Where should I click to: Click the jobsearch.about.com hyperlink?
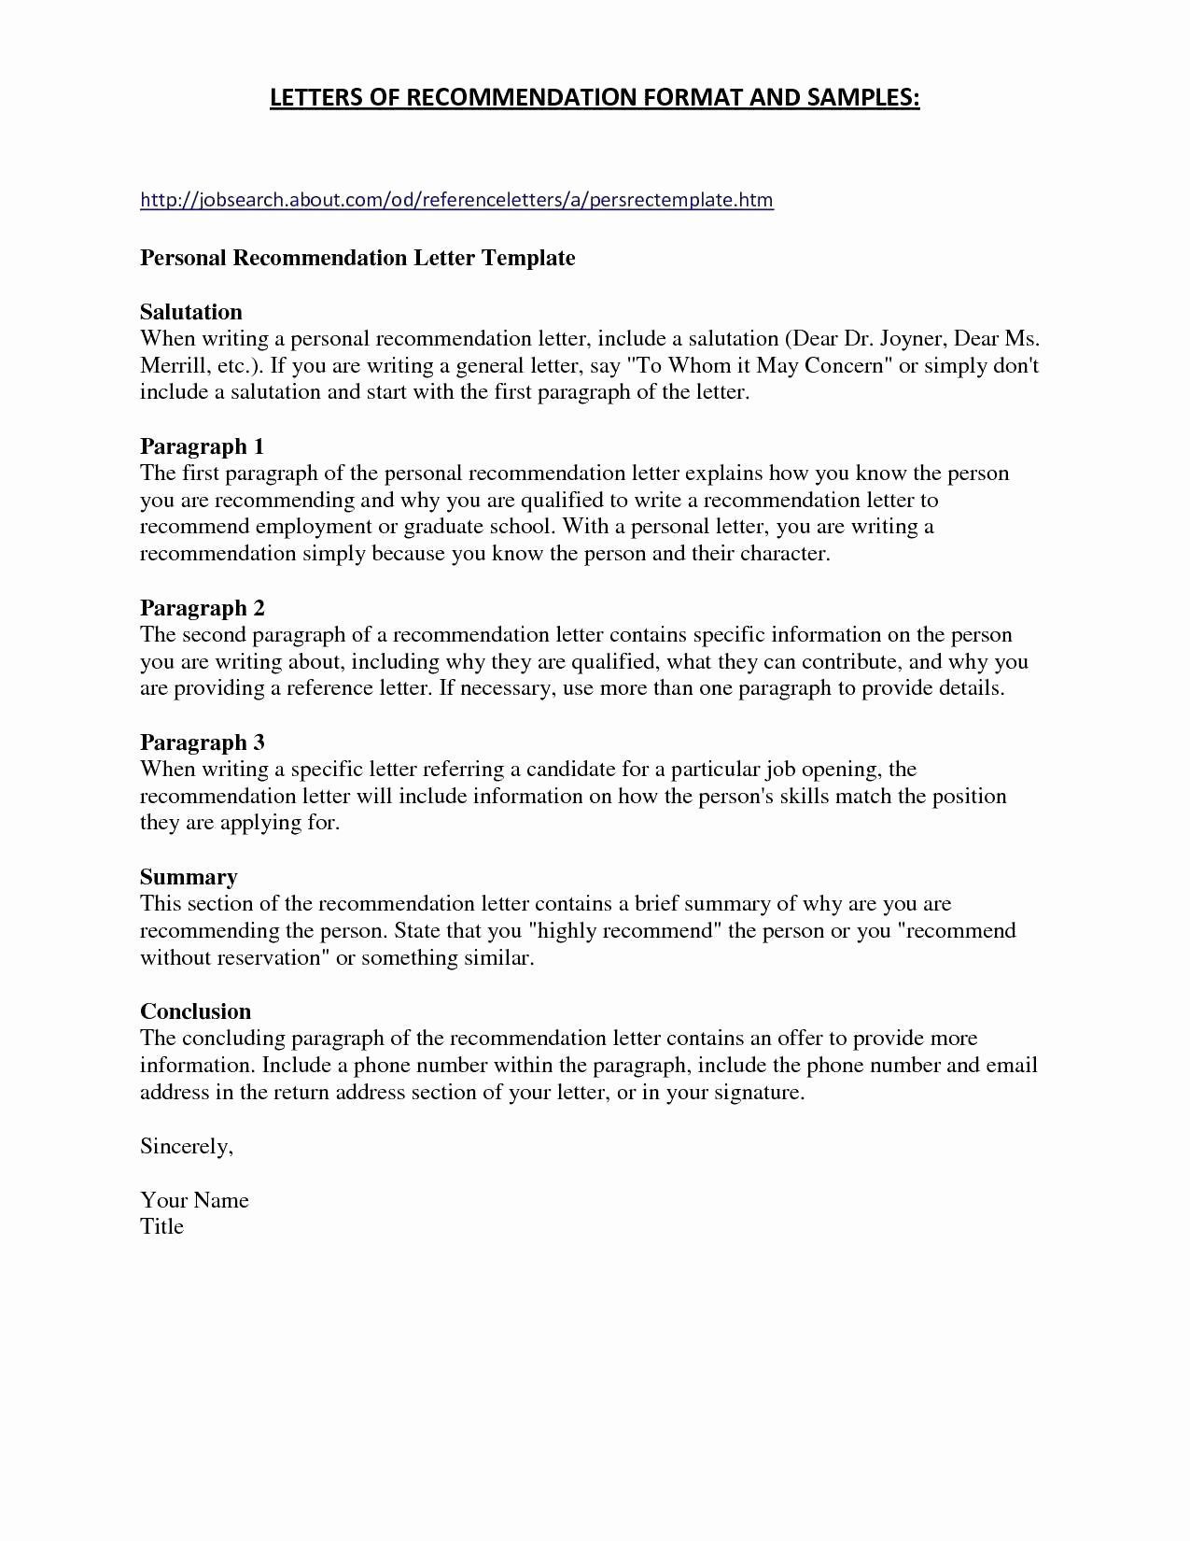point(456,200)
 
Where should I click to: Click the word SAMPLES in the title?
point(863,98)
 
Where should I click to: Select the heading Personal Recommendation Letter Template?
point(357,258)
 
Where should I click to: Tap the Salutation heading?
point(191,312)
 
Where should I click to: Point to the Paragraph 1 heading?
point(203,446)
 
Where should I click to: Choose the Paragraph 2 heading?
point(203,608)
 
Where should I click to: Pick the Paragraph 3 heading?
point(203,742)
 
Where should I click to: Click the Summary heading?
point(189,877)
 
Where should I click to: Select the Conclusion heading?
point(196,1011)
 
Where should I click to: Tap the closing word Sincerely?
point(186,1147)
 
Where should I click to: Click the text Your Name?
point(194,1200)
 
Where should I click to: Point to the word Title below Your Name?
point(162,1227)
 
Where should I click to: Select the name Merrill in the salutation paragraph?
point(173,366)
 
